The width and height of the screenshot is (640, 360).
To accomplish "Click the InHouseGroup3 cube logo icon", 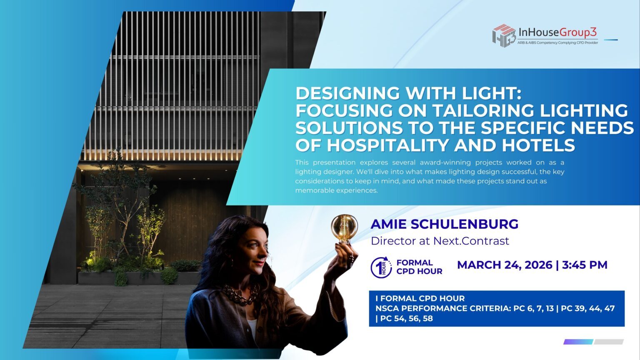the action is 504,35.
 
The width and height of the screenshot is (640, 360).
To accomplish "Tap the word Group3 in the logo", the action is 578,32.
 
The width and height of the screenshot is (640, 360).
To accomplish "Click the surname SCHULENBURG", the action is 465,224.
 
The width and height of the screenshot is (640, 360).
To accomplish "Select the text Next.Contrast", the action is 471,241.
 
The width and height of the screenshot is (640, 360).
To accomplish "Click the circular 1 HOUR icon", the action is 381,267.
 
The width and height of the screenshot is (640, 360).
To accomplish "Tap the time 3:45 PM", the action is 585,265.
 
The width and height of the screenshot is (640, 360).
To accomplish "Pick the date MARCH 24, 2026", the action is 505,265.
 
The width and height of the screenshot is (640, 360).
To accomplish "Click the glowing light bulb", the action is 344,228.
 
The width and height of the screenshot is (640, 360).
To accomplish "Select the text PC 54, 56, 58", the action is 407,318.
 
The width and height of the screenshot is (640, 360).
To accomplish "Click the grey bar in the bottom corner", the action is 609,342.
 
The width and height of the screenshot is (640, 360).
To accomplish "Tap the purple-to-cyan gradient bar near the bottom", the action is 579,342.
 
